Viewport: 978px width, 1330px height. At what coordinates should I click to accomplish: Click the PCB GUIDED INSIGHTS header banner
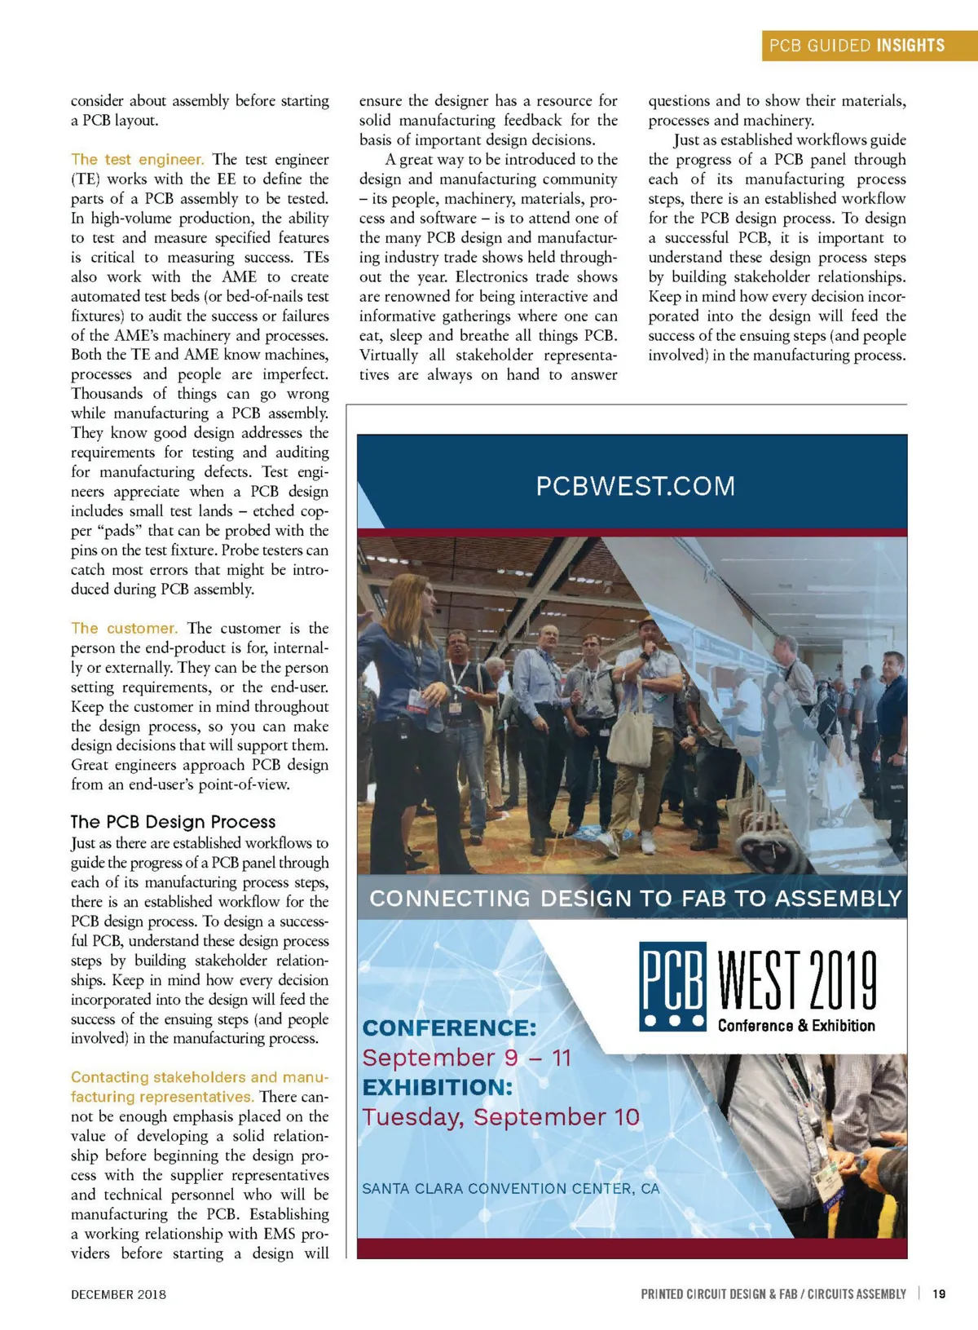(857, 46)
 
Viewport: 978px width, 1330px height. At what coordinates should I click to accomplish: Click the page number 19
(939, 1293)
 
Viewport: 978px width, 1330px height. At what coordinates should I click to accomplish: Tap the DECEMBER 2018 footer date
(118, 1294)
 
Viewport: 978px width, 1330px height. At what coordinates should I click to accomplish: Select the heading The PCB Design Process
(173, 821)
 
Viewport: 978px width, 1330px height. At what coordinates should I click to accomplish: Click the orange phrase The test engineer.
(137, 159)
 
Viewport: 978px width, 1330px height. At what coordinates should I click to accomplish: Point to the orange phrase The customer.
(124, 628)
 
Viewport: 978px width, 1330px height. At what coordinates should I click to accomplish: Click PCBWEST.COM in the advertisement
(635, 486)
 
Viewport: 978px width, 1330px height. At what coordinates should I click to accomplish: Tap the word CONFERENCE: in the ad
(449, 1027)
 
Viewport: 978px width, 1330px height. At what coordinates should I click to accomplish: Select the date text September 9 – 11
(467, 1058)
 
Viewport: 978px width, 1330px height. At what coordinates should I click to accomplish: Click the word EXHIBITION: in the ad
(438, 1087)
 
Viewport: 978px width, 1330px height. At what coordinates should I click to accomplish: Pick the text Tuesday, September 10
(501, 1116)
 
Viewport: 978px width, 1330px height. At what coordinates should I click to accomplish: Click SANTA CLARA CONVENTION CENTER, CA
(510, 1188)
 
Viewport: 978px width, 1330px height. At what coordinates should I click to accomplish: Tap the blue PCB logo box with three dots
(672, 987)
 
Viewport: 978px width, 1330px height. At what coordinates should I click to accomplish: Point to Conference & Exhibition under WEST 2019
(796, 1026)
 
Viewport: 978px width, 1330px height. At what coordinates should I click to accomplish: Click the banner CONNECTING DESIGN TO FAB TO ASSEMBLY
(636, 898)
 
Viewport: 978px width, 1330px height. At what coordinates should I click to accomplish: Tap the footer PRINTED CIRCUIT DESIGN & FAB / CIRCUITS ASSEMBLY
(773, 1294)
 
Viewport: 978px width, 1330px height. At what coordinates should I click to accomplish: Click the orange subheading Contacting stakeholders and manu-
(200, 1077)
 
